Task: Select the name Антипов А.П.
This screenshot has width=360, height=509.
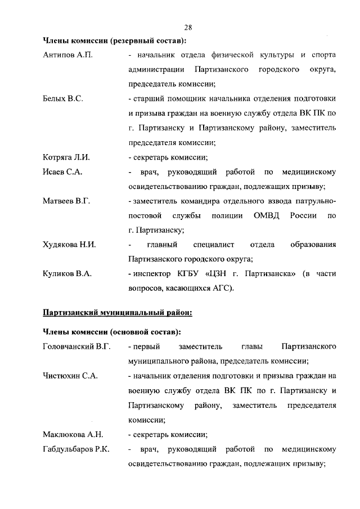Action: [67, 55]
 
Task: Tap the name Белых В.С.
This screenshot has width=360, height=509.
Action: [63, 98]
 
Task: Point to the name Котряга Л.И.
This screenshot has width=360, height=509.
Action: [66, 157]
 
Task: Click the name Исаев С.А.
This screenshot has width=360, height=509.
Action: [63, 172]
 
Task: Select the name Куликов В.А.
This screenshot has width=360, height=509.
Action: [67, 274]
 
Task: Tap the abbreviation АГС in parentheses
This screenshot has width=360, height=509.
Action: [218, 289]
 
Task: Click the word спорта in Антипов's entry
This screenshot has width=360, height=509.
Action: [323, 55]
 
